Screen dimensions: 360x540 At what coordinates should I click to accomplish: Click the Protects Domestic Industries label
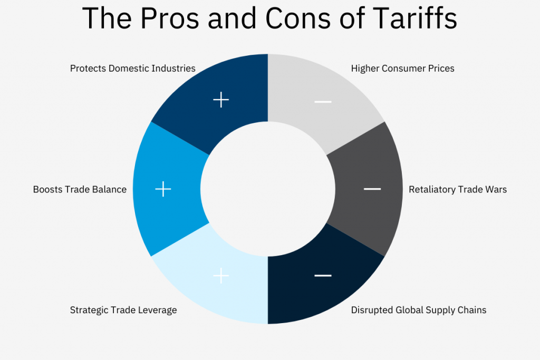tap(133, 69)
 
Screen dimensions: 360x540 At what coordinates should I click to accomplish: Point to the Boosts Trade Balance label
tap(80, 189)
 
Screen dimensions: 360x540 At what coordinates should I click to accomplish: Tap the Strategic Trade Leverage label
tap(123, 310)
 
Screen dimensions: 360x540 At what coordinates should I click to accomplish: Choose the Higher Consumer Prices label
tap(402, 69)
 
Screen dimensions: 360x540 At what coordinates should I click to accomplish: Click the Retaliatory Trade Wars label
tap(458, 189)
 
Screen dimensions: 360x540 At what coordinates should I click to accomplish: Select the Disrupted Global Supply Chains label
tap(419, 310)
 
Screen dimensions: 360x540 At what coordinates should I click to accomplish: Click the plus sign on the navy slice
tap(221, 100)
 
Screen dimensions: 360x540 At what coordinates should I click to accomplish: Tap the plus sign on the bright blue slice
tap(163, 189)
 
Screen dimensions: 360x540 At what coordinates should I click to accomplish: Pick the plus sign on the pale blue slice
tap(221, 275)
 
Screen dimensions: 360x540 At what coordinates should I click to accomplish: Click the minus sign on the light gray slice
tap(323, 101)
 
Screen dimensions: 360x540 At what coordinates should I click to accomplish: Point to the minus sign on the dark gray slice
tap(372, 189)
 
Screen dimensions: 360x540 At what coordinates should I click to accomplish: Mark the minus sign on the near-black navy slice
tap(323, 275)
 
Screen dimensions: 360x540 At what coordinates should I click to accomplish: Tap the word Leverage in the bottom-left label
tap(158, 310)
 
